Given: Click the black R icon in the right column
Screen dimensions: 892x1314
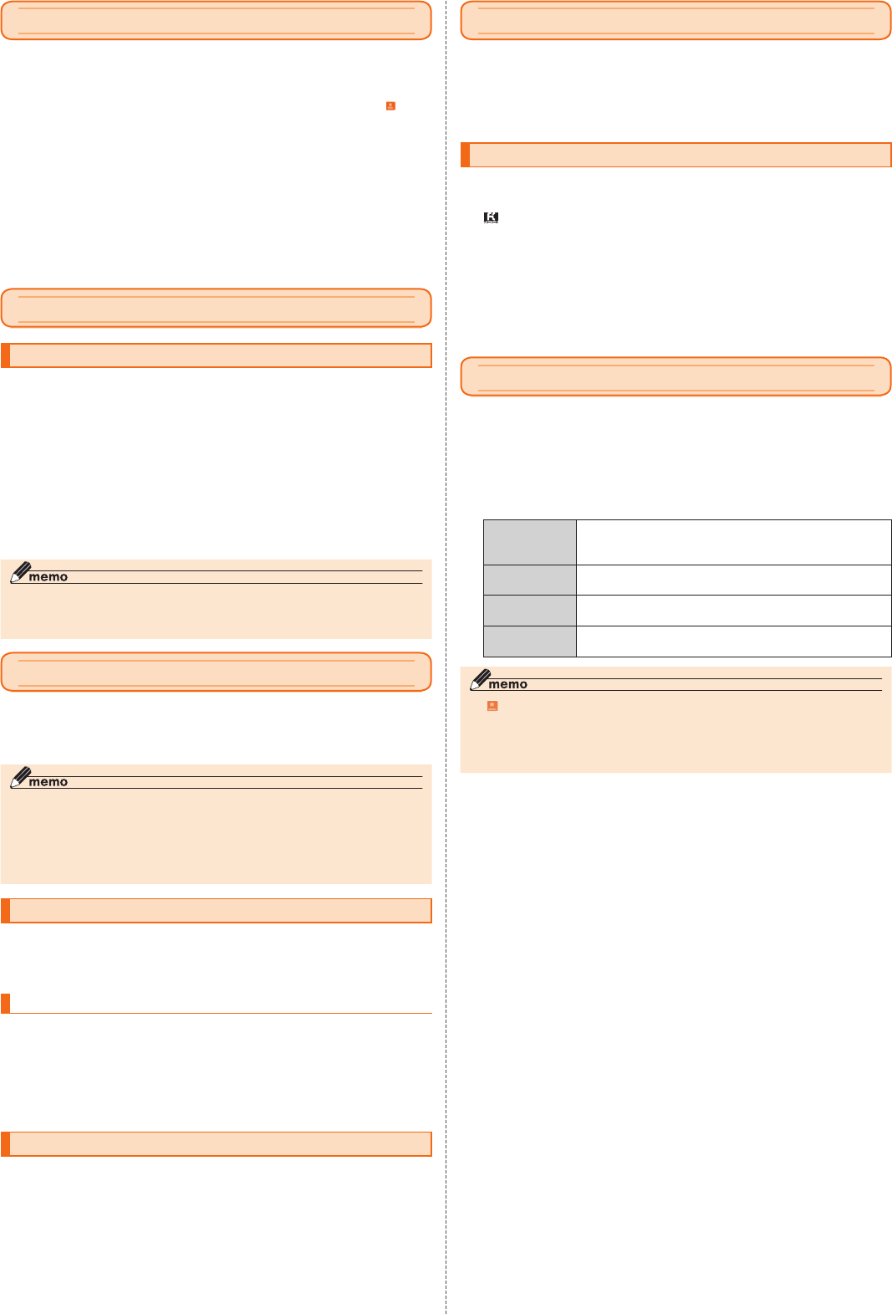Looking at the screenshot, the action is click(492, 217).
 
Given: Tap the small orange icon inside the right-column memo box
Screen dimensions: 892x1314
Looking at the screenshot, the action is click(492, 706).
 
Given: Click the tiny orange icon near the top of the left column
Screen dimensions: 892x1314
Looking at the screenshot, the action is click(390, 106).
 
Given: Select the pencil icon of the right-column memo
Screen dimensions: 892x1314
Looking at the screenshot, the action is click(479, 680).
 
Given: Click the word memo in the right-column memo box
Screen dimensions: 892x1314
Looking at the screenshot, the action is click(508, 684).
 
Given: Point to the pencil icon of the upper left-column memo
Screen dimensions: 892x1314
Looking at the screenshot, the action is click(19, 572).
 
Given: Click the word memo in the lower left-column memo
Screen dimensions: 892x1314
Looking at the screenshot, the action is click(48, 782).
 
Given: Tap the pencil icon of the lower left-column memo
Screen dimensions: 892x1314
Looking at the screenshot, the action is click(19, 777).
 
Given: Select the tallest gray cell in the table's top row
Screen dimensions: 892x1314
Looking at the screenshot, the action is click(529, 542).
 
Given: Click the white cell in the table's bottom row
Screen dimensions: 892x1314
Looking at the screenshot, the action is click(733, 642).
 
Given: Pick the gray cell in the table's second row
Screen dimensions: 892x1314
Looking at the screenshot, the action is click(529, 580).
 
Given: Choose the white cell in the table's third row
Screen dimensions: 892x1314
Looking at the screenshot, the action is click(733, 611).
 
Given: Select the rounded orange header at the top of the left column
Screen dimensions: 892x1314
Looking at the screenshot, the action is click(216, 21).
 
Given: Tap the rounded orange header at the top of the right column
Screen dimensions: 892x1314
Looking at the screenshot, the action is click(675, 21).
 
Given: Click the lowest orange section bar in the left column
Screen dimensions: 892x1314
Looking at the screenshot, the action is click(216, 1144).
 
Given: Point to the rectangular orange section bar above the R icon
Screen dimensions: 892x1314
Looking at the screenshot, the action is click(675, 155).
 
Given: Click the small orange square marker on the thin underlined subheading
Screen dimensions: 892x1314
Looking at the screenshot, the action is click(6, 1003).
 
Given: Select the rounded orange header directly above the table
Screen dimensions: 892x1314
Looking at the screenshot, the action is click(675, 377).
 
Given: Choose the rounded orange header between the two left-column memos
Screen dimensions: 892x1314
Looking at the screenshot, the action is click(216, 672).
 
